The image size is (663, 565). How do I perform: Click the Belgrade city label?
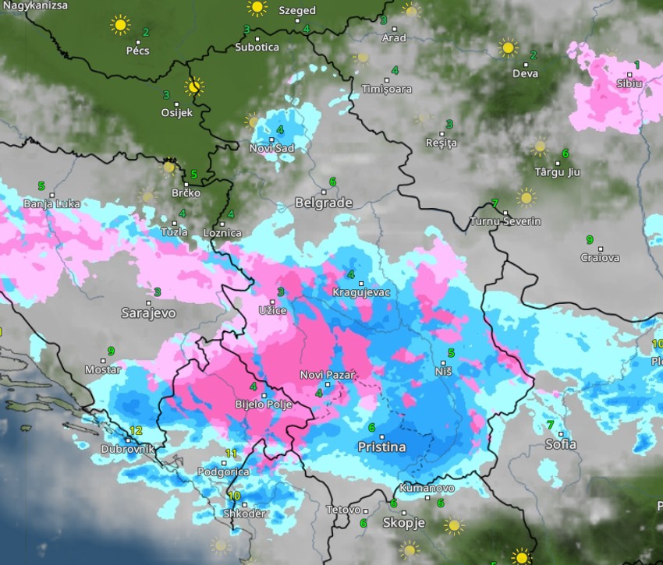(324, 203)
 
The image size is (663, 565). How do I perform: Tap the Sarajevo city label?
(148, 313)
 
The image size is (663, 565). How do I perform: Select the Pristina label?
(381, 447)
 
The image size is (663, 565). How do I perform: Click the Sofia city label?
(561, 444)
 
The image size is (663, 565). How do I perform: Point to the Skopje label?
(403, 523)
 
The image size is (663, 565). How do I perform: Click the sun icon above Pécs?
(119, 25)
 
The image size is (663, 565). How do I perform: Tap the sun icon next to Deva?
(508, 48)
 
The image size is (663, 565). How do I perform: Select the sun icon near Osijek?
(194, 86)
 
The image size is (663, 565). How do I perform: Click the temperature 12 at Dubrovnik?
(136, 430)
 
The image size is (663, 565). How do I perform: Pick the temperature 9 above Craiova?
(590, 239)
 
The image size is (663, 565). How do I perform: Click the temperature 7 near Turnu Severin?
(495, 203)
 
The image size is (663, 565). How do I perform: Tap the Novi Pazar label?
(327, 375)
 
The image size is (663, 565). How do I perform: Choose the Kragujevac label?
(361, 291)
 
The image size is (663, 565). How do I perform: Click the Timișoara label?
(386, 89)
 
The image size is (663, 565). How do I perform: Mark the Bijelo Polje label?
(264, 404)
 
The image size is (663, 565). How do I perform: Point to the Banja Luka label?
(51, 203)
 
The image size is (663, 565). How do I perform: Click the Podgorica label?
(223, 471)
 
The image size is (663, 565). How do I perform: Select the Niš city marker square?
(438, 363)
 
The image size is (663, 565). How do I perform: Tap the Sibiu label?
(629, 83)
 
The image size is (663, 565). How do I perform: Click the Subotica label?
(257, 47)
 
